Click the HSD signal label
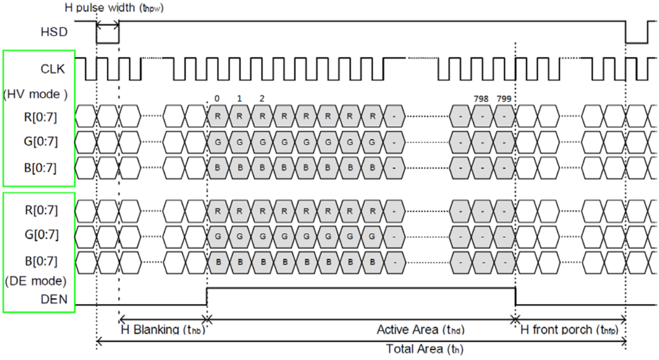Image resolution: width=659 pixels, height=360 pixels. point(53,32)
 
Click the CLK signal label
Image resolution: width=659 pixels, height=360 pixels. point(52,69)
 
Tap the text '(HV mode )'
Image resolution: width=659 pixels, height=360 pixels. point(35,94)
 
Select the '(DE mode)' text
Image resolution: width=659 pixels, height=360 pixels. point(35,281)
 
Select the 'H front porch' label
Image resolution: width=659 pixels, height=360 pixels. point(569,330)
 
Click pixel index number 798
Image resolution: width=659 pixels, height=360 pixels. point(481,98)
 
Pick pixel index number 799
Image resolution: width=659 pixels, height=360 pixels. point(504,98)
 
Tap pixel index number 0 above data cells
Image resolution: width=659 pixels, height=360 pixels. point(217,98)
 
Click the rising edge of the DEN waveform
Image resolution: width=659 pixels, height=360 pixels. point(207,296)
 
